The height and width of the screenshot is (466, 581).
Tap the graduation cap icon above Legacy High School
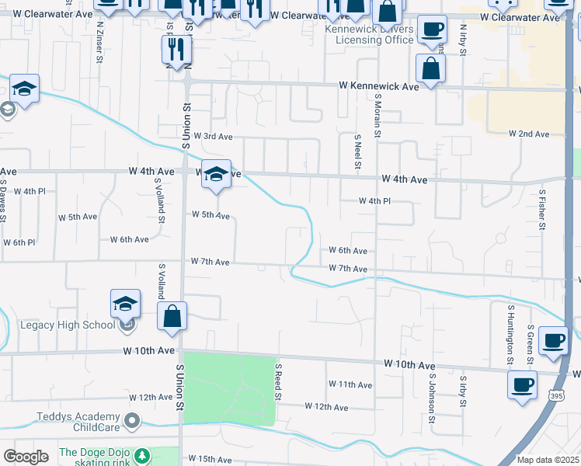tap(125, 304)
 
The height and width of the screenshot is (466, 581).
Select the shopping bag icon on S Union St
tap(172, 317)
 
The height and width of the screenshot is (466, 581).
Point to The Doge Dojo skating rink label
tap(96, 457)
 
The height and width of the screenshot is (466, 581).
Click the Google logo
tap(25, 457)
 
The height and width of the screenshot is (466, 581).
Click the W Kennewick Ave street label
tap(378, 86)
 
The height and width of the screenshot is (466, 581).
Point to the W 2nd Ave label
tap(529, 134)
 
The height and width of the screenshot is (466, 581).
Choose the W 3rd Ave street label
tap(213, 136)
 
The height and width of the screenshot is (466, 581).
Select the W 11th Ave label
tap(350, 384)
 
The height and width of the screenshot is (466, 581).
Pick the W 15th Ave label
tap(210, 460)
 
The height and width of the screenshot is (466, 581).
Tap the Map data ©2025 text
tap(548, 460)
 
